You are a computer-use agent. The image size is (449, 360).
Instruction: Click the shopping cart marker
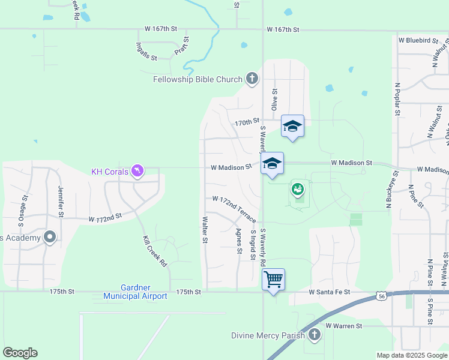pos(273,279)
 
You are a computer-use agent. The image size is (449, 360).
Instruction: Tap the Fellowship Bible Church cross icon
pos(252,79)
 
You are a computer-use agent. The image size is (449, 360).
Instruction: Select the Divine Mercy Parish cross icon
pos(314,335)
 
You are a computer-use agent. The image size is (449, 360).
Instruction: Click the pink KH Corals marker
pos(138,172)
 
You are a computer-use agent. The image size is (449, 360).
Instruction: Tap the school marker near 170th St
pos(292,126)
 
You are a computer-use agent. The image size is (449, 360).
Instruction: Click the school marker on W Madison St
pos(272,163)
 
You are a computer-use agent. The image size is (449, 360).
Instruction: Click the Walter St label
pos(205,230)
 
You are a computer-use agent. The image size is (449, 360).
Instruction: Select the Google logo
pos(20,353)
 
